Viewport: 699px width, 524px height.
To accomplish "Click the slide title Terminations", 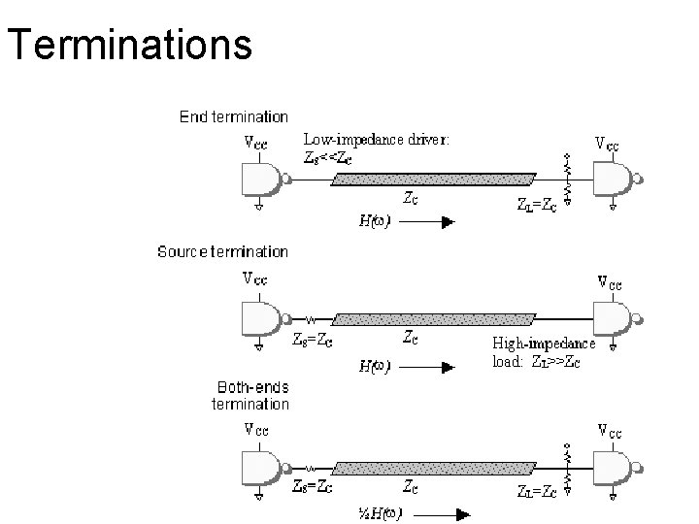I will pos(129,45).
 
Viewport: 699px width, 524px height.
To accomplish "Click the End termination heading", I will pos(234,116).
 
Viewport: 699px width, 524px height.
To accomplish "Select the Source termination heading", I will pos(222,251).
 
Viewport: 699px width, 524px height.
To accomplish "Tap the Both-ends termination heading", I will pos(250,395).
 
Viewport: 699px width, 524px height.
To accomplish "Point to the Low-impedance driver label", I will pos(376,139).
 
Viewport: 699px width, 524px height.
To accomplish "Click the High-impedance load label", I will pos(543,350).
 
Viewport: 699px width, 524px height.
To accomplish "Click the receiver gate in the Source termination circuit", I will pos(614,316).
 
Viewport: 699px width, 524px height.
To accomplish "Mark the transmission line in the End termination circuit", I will pos(433,180).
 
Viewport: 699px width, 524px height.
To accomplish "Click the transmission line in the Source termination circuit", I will pos(433,317).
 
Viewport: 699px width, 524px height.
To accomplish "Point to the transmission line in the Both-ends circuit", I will pos(433,470).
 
